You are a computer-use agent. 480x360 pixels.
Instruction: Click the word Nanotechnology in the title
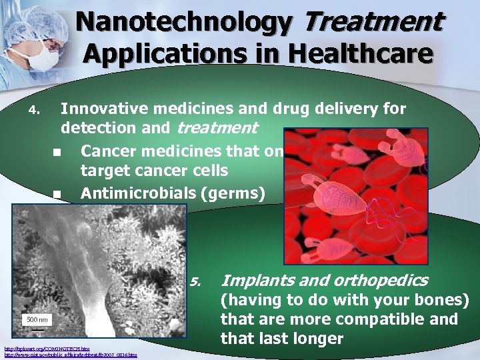(183, 23)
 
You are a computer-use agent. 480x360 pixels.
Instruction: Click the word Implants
(253, 280)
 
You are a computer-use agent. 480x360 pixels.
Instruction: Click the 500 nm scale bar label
(37, 319)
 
